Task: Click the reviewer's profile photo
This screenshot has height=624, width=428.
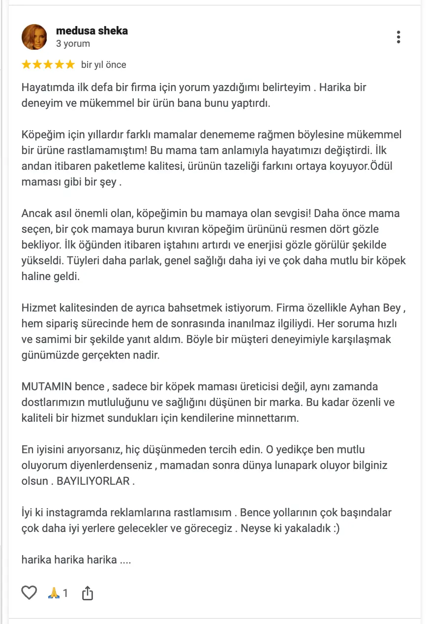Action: click(34, 36)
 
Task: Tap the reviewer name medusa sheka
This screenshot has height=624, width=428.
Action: click(92, 31)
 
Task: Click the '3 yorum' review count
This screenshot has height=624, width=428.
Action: click(73, 43)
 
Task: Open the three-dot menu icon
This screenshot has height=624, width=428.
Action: click(398, 37)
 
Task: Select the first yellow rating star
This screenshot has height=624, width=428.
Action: click(27, 64)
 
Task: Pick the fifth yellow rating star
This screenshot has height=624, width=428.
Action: click(70, 64)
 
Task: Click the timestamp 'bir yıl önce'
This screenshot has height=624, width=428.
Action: click(103, 64)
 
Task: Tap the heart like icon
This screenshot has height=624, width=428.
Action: click(30, 593)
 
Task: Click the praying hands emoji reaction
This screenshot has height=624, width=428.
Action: click(53, 593)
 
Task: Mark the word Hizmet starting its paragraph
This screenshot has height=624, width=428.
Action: click(35, 308)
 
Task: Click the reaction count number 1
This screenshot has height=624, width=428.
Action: click(65, 593)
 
